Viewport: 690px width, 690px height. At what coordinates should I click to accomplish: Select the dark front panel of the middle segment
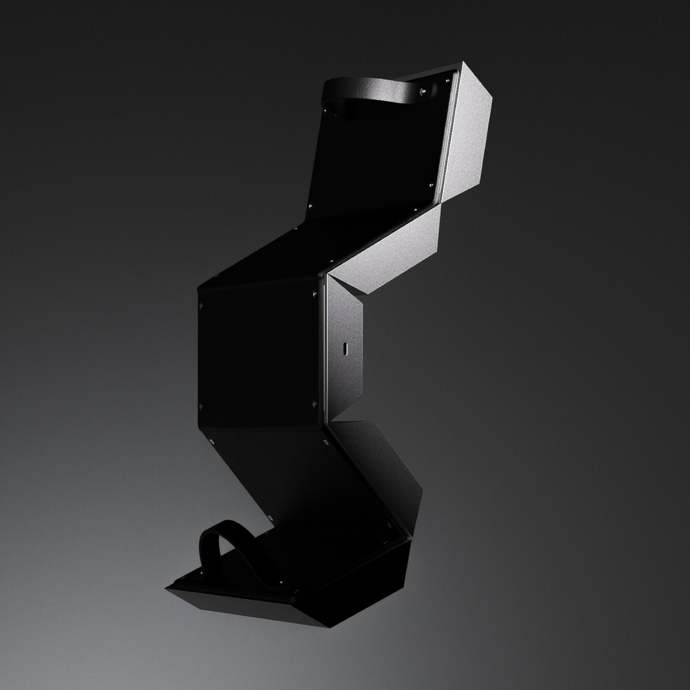(x=259, y=350)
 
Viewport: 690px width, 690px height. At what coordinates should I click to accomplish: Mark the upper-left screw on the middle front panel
(x=201, y=305)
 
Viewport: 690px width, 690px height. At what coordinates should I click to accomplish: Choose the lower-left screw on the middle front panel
(x=201, y=404)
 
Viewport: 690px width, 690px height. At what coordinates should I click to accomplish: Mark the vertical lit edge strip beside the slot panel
(x=324, y=350)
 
